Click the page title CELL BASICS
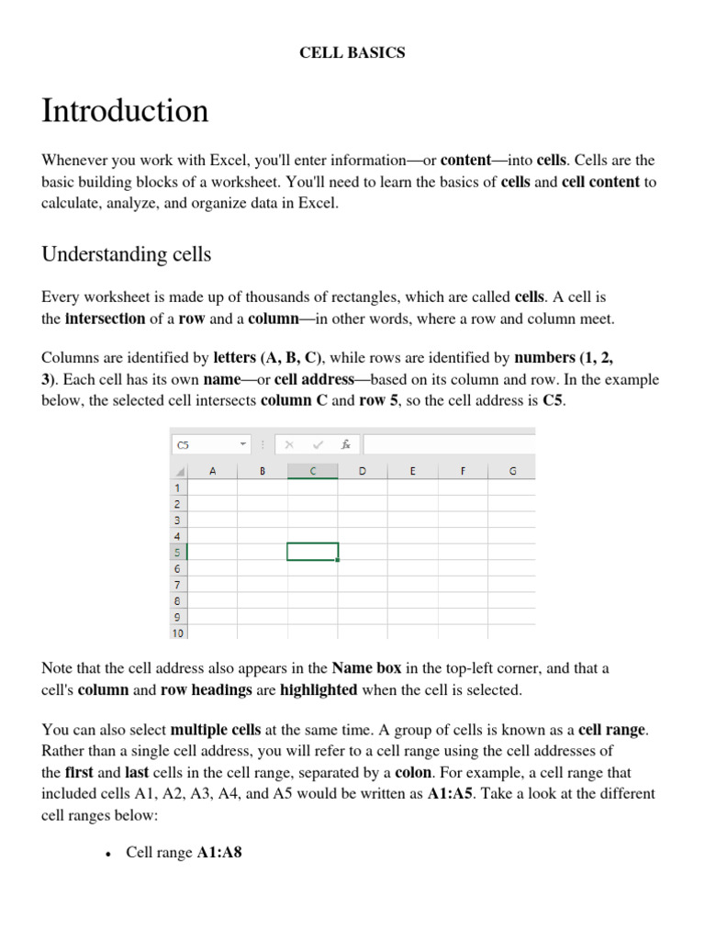tap(352, 52)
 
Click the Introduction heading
tap(125, 111)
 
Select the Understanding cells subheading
tap(127, 254)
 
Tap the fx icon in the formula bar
tap(346, 444)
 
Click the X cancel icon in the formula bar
tap(288, 444)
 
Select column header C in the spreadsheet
tap(312, 471)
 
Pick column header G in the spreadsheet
tap(512, 471)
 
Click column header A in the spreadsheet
tap(212, 471)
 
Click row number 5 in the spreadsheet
tap(178, 552)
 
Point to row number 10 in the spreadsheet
tap(177, 632)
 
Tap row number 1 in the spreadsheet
tap(178, 487)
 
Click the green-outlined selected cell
tap(312, 552)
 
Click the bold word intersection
tap(105, 319)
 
